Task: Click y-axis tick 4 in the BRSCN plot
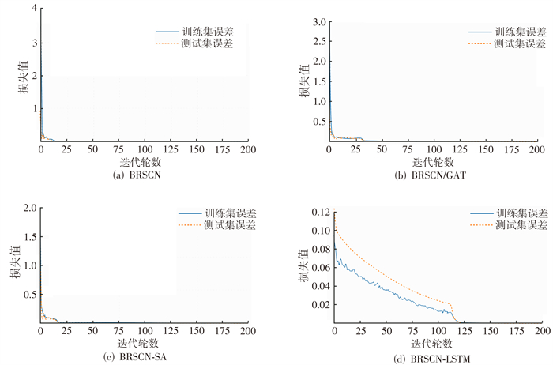[x=34, y=9]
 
